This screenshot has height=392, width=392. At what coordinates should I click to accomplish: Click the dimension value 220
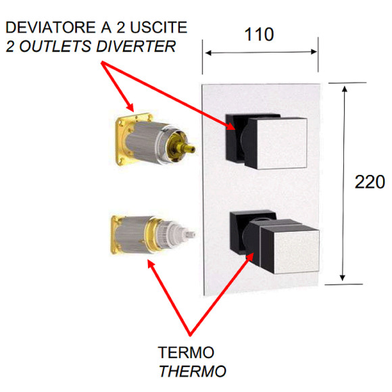click(369, 181)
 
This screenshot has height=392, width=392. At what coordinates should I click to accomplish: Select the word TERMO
click(185, 353)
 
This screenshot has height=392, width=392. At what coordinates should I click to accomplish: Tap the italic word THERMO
click(192, 371)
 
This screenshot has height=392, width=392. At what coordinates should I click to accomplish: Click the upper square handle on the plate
click(274, 141)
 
